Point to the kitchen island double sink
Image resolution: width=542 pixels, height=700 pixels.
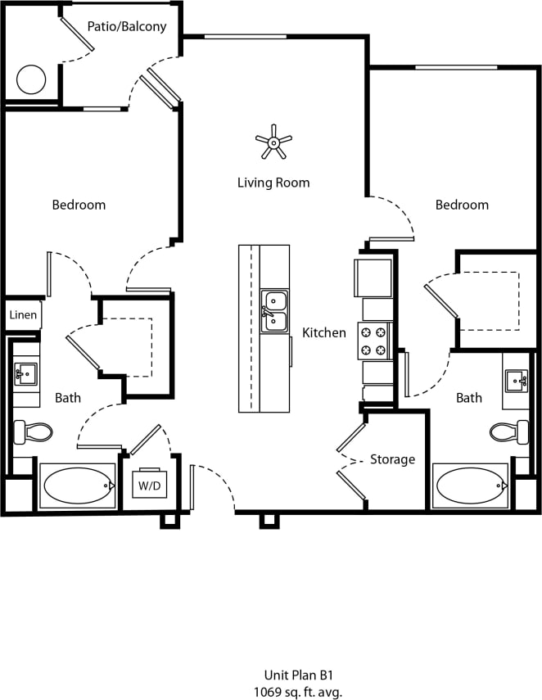(x=274, y=311)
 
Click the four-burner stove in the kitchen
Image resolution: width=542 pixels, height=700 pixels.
(x=375, y=341)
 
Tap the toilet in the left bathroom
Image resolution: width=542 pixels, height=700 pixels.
(x=32, y=431)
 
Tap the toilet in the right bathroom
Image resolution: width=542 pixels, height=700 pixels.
(x=511, y=431)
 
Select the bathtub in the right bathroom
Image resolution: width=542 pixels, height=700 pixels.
(x=471, y=486)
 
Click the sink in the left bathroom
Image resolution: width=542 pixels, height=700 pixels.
(x=25, y=376)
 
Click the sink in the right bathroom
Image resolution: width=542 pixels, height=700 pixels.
(x=516, y=380)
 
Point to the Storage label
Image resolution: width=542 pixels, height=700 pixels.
(x=392, y=459)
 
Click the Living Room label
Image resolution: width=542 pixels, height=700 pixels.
(x=273, y=183)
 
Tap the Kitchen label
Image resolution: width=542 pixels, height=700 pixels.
(x=324, y=332)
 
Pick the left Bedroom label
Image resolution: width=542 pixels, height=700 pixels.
(x=79, y=205)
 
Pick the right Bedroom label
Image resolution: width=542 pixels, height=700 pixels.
(x=462, y=205)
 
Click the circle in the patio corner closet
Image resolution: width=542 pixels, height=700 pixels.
(x=31, y=80)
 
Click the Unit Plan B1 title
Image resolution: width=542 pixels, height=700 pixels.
(x=299, y=675)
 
